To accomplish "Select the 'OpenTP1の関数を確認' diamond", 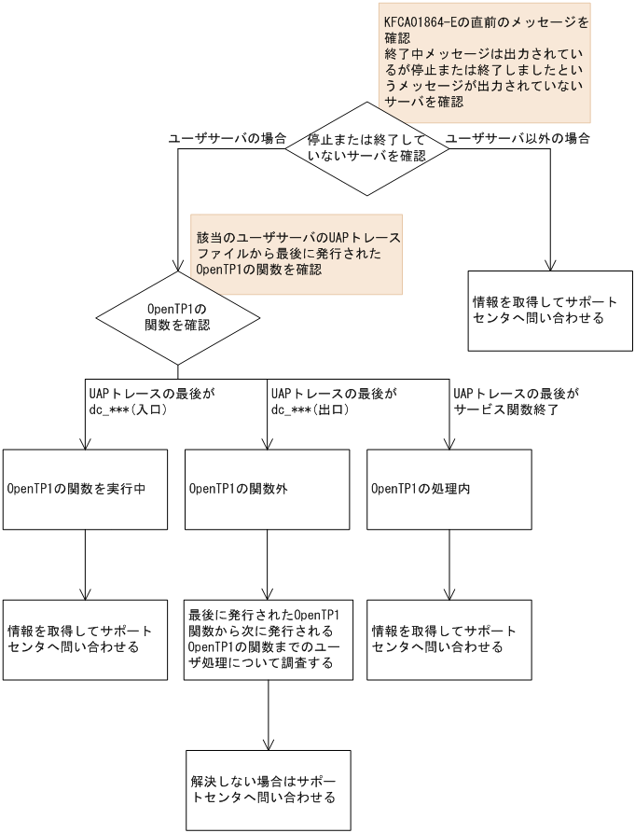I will coord(177,317).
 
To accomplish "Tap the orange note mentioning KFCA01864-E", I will coord(486,61).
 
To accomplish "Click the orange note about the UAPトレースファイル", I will coord(297,253).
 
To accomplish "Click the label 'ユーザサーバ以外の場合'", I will coord(518,137).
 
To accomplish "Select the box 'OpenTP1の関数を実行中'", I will coord(86,487).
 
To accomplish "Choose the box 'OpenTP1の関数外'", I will coord(268,487).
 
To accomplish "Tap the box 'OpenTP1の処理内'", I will coord(449,487).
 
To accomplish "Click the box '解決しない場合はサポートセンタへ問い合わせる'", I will coord(268,789).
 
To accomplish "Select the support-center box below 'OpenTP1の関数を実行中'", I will coord(86,639).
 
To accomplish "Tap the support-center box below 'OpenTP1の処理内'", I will coord(449,639).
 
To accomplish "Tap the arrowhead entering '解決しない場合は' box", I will coord(268,743).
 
